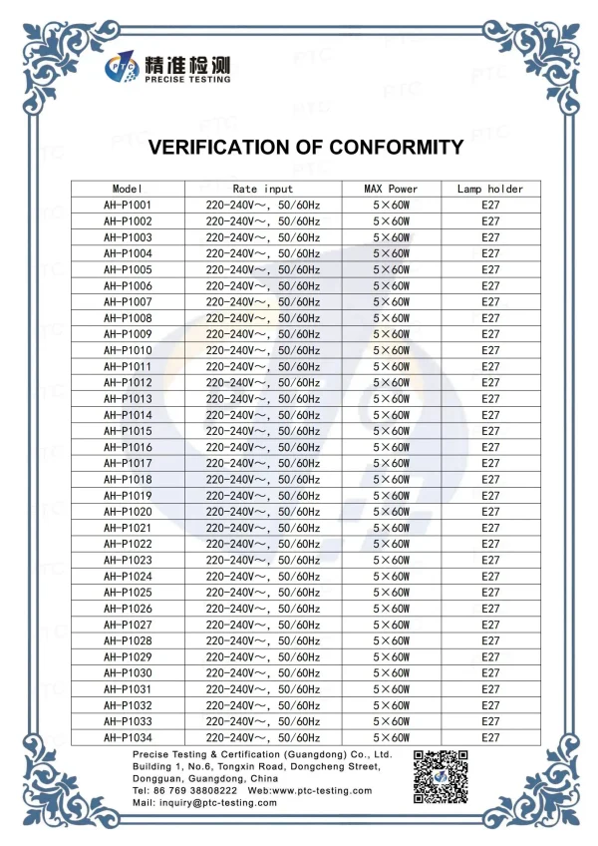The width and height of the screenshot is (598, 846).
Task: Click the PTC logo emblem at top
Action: (x=125, y=68)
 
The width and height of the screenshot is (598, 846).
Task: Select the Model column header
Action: (x=128, y=189)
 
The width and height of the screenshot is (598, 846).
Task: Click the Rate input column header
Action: (x=263, y=189)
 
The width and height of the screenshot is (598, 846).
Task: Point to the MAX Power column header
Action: (x=392, y=189)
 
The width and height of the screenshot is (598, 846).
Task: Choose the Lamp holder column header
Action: (x=490, y=189)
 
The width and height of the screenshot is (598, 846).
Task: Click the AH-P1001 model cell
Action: (x=128, y=205)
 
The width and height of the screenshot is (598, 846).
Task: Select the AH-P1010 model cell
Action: (x=128, y=350)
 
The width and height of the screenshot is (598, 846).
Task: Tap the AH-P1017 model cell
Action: (x=128, y=464)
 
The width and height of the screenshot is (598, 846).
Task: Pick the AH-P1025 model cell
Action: (x=128, y=593)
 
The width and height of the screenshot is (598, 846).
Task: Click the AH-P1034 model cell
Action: (x=128, y=737)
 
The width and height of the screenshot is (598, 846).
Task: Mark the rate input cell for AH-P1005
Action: (x=263, y=269)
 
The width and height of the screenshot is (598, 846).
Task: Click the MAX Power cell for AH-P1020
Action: (x=392, y=512)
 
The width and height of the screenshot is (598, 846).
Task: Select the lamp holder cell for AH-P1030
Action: (x=490, y=673)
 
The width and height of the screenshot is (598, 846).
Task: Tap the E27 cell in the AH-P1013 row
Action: (x=490, y=399)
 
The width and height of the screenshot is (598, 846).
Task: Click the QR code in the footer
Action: (x=441, y=776)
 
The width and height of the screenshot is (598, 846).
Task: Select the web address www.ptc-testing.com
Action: (x=324, y=790)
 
